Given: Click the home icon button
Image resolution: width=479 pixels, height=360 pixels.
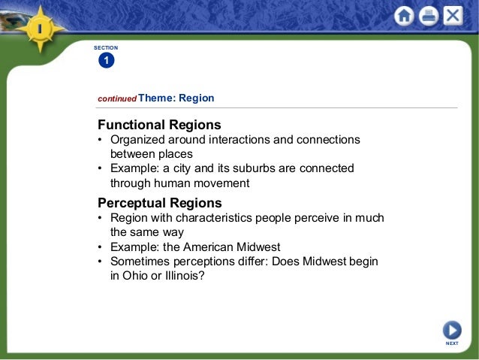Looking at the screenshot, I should coord(405,16).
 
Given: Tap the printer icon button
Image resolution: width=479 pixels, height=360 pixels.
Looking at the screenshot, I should coord(429,16).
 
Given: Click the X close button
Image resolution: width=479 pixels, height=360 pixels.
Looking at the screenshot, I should coord(453,16).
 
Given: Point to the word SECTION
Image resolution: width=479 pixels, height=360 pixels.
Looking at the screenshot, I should coord(106,47).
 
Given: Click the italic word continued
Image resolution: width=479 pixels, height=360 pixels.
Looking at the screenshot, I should coord(117,98).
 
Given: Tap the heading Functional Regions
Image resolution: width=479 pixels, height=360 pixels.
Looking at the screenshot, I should coord(159,124).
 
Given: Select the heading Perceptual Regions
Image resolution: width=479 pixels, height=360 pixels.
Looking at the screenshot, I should coord(160,202).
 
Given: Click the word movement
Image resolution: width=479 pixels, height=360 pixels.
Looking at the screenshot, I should coord(222,183).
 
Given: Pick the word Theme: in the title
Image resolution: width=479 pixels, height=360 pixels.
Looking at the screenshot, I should coord(157,98).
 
